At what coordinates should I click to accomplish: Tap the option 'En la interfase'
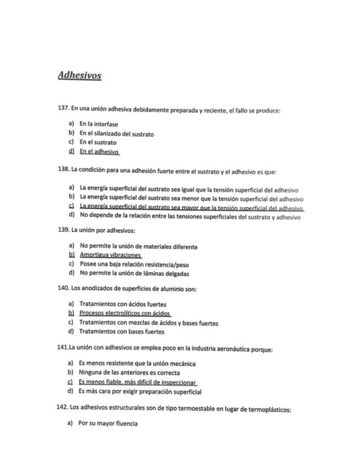coord(99,124)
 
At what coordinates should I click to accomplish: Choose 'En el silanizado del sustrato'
coord(117,134)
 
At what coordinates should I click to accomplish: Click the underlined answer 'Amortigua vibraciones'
coord(110,255)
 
